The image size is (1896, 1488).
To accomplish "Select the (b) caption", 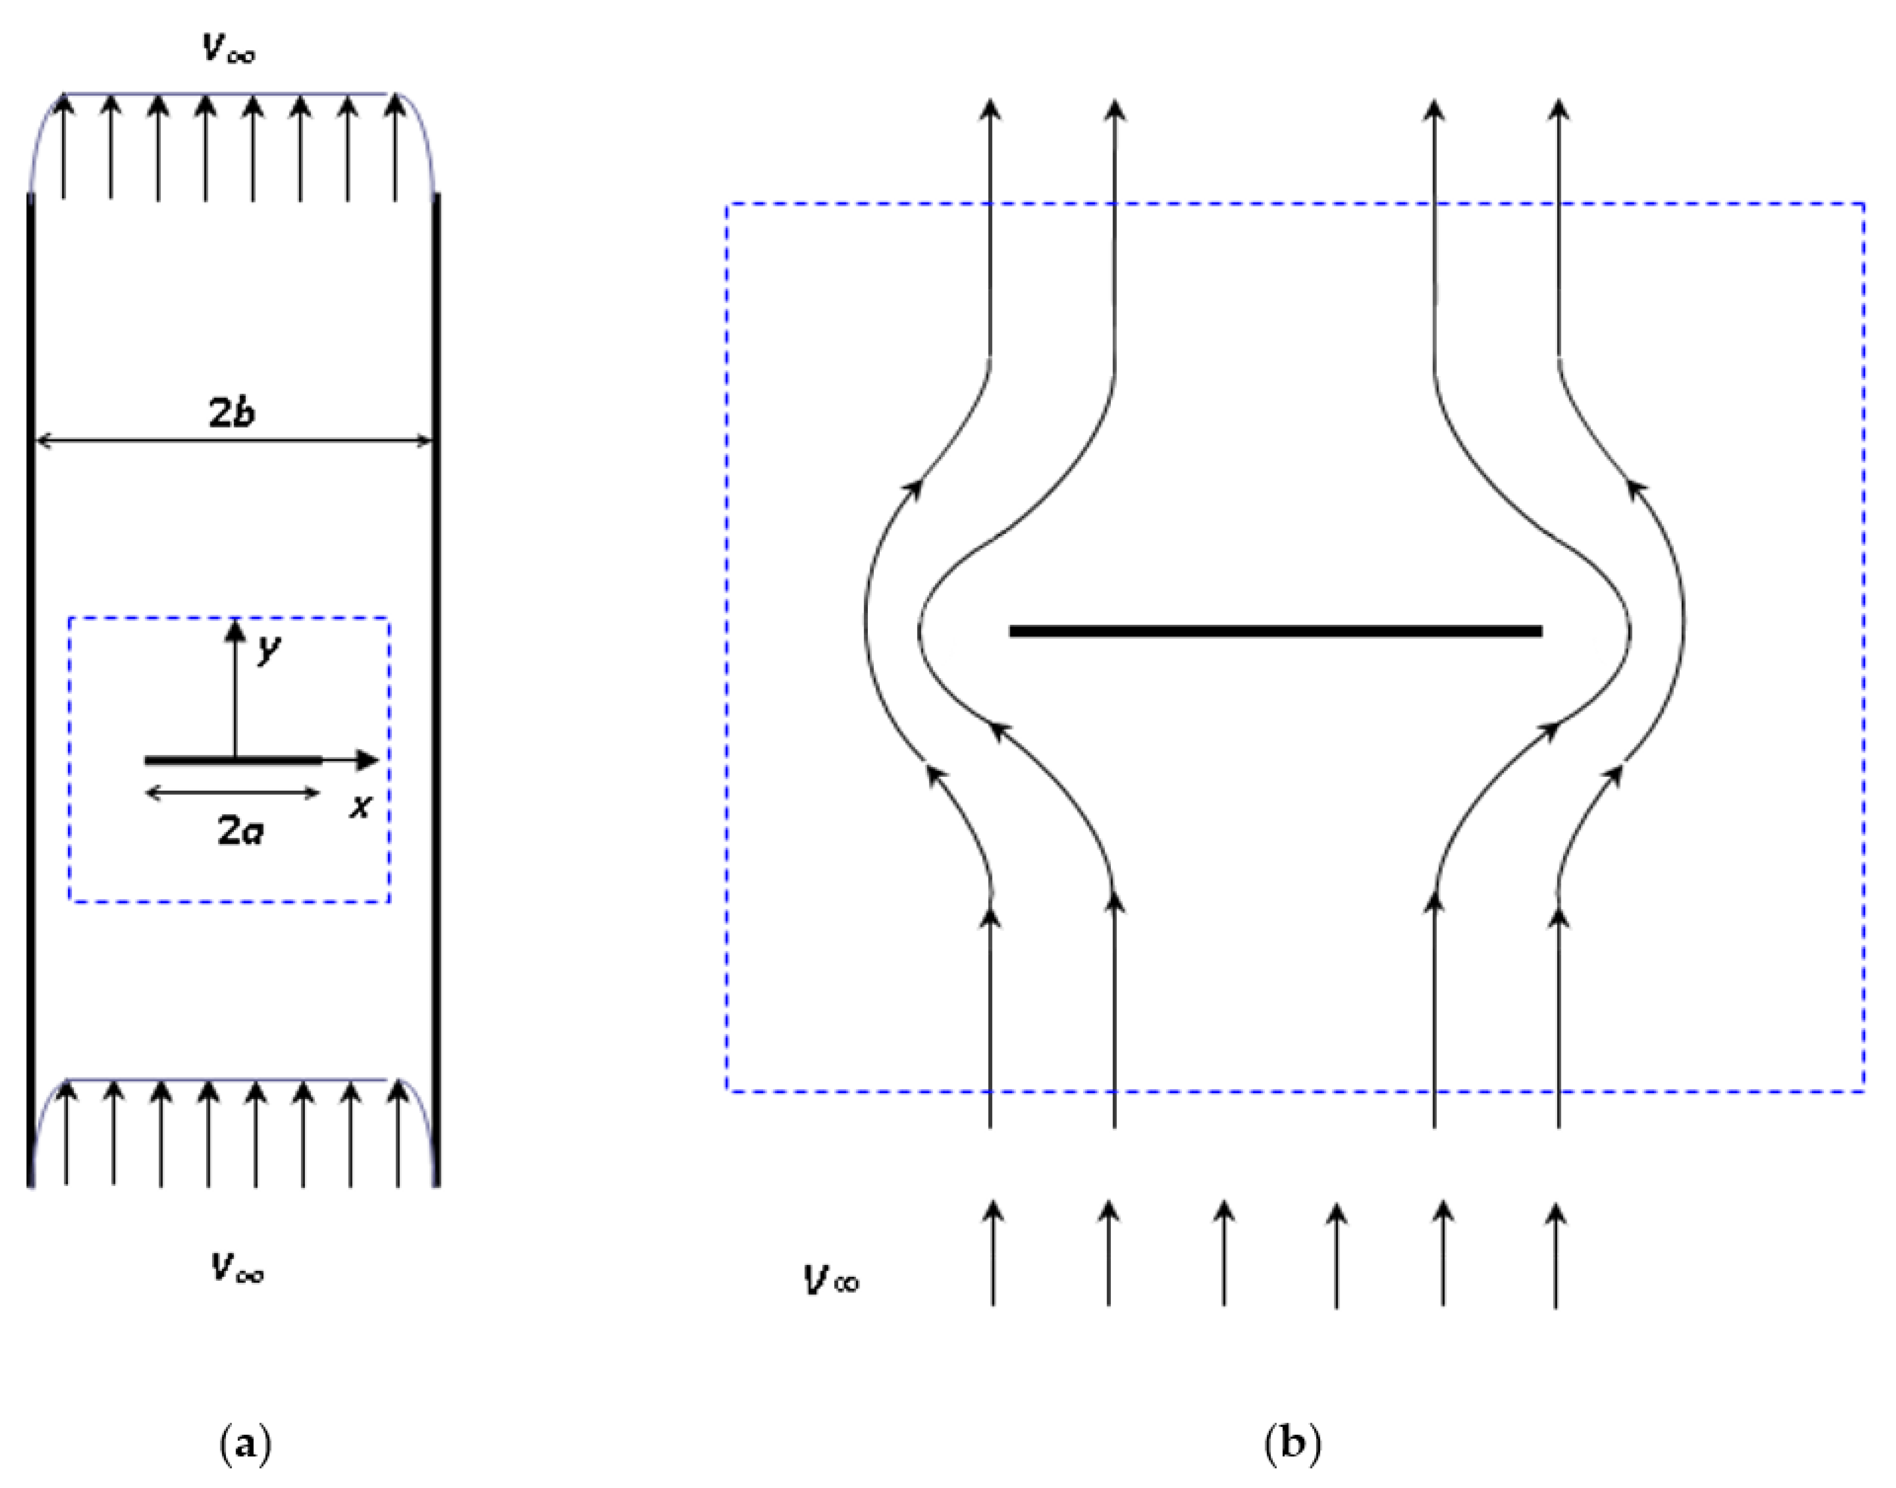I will pos(1292,1444).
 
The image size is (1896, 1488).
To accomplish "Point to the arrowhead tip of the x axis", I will pos(378,761).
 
